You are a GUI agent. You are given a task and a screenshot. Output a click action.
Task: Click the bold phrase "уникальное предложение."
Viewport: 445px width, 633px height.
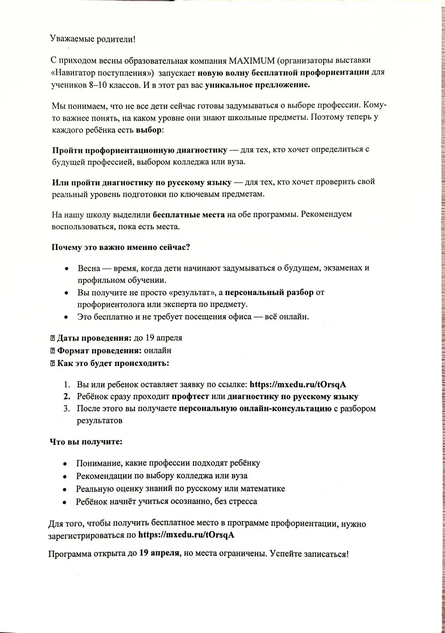click(x=258, y=85)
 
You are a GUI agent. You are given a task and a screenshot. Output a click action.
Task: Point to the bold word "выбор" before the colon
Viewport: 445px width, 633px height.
click(x=148, y=130)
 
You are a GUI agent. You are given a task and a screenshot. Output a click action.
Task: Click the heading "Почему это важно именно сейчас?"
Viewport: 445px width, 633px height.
click(x=121, y=247)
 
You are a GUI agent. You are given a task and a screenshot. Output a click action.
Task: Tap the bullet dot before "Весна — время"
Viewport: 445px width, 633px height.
click(x=67, y=268)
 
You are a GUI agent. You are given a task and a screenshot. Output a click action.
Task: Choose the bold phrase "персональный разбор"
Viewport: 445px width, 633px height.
click(x=269, y=292)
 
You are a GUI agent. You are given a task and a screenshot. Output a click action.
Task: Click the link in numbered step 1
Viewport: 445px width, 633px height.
click(x=298, y=384)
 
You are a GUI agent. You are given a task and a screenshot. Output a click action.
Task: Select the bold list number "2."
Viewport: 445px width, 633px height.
click(x=67, y=397)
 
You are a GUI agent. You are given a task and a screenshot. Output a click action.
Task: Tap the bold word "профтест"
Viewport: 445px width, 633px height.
click(x=190, y=397)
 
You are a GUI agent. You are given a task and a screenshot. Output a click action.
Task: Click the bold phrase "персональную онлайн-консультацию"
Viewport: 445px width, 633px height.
click(x=255, y=408)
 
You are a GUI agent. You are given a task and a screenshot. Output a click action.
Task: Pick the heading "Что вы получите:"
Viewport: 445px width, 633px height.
click(x=86, y=442)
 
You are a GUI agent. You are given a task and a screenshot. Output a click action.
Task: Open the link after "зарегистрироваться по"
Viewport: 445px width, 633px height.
click(x=186, y=535)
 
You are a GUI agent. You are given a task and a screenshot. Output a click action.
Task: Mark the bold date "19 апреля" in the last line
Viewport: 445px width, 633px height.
click(x=159, y=553)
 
